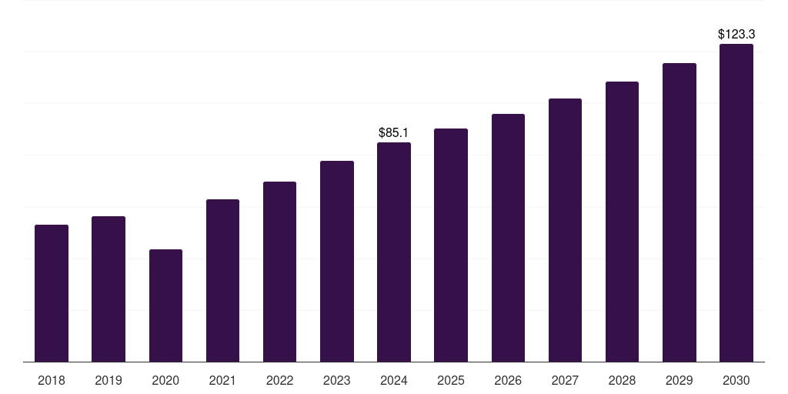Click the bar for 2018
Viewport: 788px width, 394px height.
point(52,293)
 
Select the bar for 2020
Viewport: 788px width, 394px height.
point(165,306)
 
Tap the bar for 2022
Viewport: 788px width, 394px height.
point(279,272)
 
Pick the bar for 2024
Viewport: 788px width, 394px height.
point(393,252)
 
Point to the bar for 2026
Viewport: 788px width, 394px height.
point(508,238)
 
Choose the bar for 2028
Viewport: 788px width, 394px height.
point(622,222)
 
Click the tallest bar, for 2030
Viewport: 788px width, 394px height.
point(736,202)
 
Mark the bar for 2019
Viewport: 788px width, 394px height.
point(109,289)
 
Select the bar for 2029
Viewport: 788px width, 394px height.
point(679,212)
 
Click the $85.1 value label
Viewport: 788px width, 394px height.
point(393,133)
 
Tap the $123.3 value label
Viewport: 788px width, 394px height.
point(736,35)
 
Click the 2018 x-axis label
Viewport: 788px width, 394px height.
point(52,380)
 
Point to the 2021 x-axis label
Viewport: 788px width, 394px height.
point(222,380)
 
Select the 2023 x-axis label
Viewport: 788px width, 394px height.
point(336,380)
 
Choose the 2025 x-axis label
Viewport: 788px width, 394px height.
point(451,380)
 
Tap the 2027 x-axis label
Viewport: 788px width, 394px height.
point(565,380)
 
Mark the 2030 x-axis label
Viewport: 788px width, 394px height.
point(736,380)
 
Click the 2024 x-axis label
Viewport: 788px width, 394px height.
point(393,380)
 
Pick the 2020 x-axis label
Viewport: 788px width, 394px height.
point(165,380)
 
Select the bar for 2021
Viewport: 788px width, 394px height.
point(222,280)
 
